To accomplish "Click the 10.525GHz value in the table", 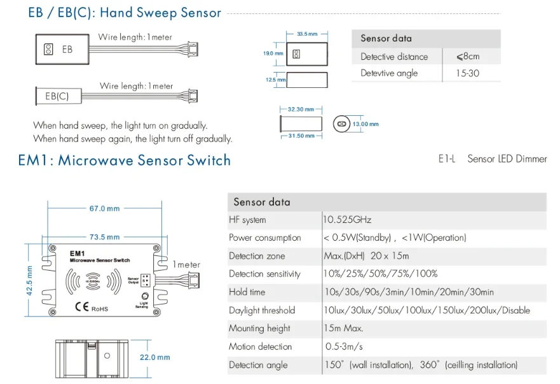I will coord(346,220).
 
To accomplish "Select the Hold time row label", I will coord(247,292).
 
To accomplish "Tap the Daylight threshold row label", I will coord(261,310).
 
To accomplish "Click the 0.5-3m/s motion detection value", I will coord(342,346).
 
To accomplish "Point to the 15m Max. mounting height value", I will coord(343,329).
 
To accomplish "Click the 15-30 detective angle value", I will coord(467,73).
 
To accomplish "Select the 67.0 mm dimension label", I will coord(104,208).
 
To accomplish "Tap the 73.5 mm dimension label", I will coord(104,237).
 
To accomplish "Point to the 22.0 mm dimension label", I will coord(155,357).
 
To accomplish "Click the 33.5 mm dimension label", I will coord(307,34).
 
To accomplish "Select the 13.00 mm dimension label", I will coord(365,124).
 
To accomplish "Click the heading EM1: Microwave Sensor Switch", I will coord(125,160).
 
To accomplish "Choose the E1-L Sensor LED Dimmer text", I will coord(492,159).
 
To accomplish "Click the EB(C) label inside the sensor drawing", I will coord(57,96).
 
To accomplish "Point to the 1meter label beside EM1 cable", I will coord(186,264).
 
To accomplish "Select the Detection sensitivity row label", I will coord(264,274).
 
